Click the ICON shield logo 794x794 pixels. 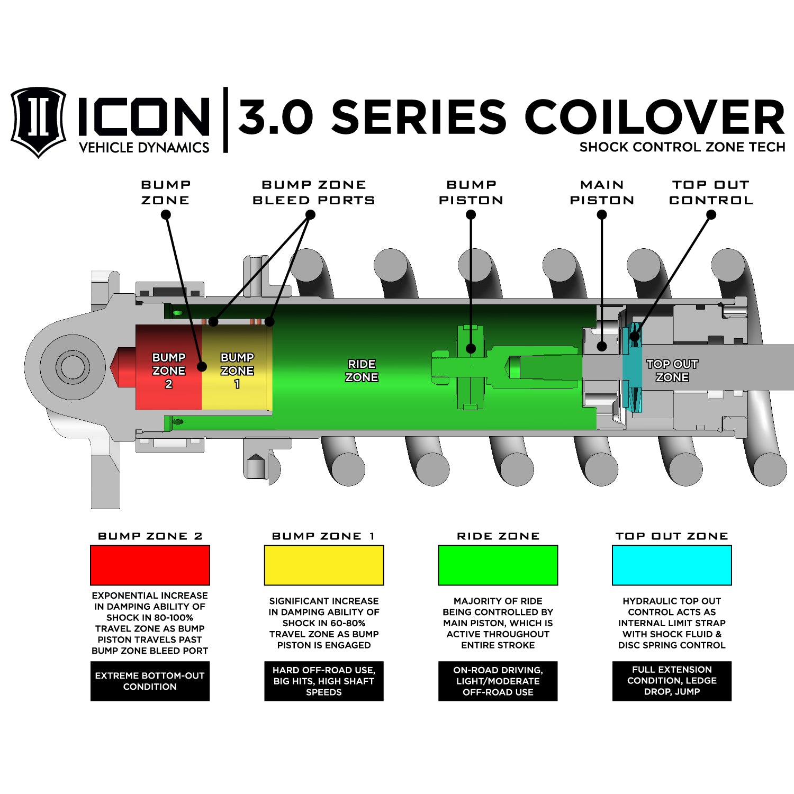[x=38, y=122]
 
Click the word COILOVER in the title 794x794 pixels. [x=654, y=117]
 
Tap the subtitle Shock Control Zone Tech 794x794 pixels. [x=682, y=147]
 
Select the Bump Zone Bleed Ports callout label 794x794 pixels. [x=313, y=193]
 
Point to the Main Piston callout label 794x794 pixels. [x=602, y=193]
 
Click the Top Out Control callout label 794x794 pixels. [x=711, y=193]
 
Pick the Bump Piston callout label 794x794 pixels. [x=471, y=193]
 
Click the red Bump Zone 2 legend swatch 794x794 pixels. [x=150, y=565]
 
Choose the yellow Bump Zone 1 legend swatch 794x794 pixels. [x=324, y=565]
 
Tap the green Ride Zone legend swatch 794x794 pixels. [x=498, y=565]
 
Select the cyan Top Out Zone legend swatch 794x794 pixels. [x=672, y=565]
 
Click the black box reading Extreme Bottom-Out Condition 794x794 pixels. [x=150, y=681]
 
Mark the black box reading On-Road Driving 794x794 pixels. [x=498, y=681]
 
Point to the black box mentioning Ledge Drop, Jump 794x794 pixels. [x=672, y=681]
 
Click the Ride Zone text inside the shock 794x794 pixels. [x=362, y=371]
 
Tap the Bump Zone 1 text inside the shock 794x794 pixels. [x=237, y=370]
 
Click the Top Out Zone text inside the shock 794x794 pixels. [x=672, y=371]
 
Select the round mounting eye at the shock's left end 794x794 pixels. [x=72, y=366]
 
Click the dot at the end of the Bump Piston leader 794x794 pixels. [x=471, y=348]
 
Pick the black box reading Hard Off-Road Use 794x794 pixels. [x=324, y=681]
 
